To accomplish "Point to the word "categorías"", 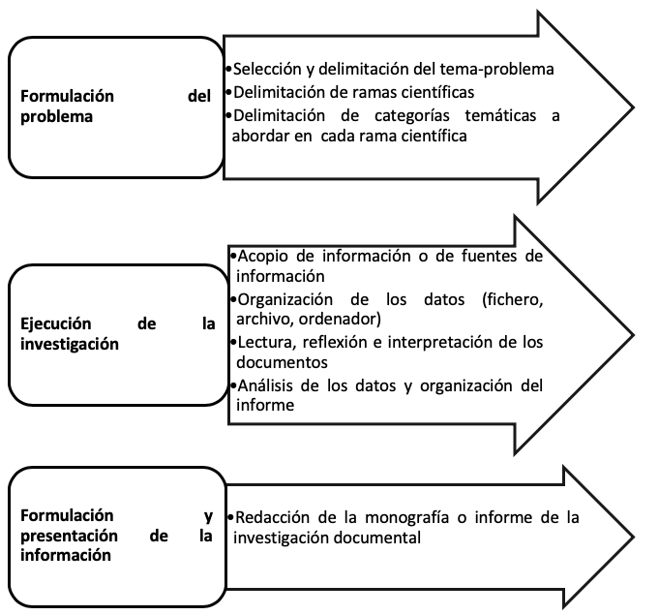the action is click(412, 115).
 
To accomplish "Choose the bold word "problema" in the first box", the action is click(56, 117).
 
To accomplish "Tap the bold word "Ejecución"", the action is click(56, 323).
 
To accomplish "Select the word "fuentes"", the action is click(490, 256).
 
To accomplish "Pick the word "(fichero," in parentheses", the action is click(513, 299).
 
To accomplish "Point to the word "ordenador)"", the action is click(340, 319).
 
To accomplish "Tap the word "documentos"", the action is click(282, 362).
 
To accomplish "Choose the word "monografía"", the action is click(406, 518).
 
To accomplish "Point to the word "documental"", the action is click(376, 538).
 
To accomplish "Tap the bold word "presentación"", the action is click(69, 536).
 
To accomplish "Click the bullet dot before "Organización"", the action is click(233, 299).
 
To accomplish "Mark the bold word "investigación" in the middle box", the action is click(70, 345).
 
